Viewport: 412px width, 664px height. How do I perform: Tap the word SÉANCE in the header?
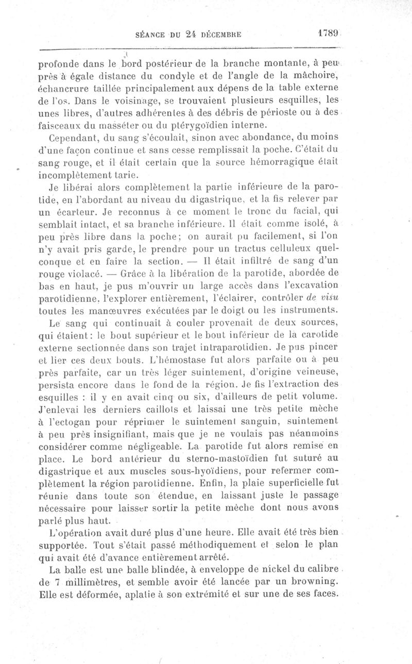[150, 36]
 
